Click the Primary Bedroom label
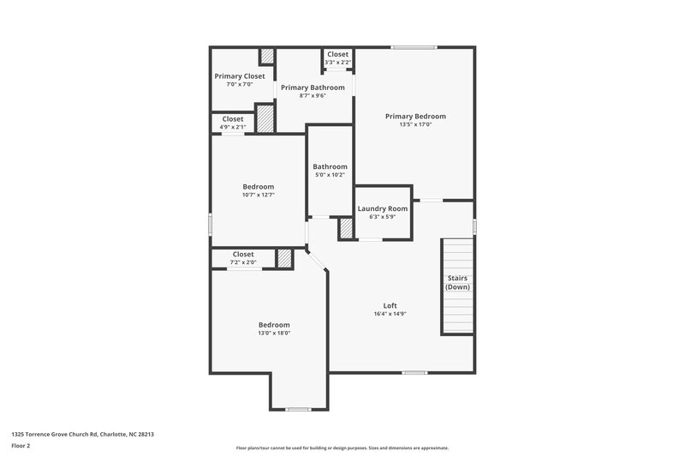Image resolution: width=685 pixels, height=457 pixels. (x=415, y=116)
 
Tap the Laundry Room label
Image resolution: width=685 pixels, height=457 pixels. (x=382, y=208)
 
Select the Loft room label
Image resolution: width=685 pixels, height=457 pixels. (x=390, y=306)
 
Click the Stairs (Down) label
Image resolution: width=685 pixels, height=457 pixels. (x=457, y=282)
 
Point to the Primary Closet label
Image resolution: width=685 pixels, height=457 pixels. (x=240, y=76)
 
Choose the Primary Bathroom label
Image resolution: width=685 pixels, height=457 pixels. (x=313, y=87)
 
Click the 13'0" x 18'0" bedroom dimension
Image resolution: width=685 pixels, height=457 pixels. (x=274, y=334)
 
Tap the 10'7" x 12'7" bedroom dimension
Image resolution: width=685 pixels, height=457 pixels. (x=258, y=195)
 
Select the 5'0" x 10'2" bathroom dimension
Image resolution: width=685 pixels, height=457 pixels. (x=330, y=175)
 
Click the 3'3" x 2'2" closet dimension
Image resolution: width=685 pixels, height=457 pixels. (x=337, y=62)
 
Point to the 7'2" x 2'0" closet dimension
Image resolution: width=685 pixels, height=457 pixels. (x=243, y=262)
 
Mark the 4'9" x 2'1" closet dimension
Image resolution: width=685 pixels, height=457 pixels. (x=232, y=127)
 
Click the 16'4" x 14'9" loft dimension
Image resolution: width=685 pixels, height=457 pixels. (x=390, y=314)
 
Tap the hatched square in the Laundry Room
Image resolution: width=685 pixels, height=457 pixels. (x=346, y=229)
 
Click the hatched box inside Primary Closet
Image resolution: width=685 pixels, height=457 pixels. (x=267, y=56)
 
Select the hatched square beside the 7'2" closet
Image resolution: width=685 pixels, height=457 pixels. (x=284, y=258)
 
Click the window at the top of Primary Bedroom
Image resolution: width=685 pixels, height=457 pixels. (x=414, y=47)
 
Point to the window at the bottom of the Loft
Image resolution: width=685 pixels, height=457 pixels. (x=414, y=372)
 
